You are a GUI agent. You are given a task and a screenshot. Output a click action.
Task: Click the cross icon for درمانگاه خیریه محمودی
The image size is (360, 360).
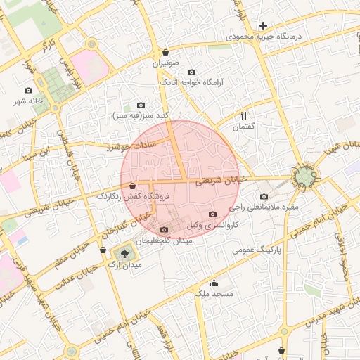pyautogui.click(x=263, y=25)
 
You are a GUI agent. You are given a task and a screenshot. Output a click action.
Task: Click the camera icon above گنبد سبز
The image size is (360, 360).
pyautogui.click(x=140, y=105)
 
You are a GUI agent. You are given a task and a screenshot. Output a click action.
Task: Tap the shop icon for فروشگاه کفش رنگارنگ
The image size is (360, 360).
pyautogui.click(x=133, y=186)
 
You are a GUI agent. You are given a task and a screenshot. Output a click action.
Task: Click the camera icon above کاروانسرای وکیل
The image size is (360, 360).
pyautogui.click(x=213, y=214)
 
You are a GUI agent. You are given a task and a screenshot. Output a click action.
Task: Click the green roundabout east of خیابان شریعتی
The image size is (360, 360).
pyautogui.click(x=306, y=177)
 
